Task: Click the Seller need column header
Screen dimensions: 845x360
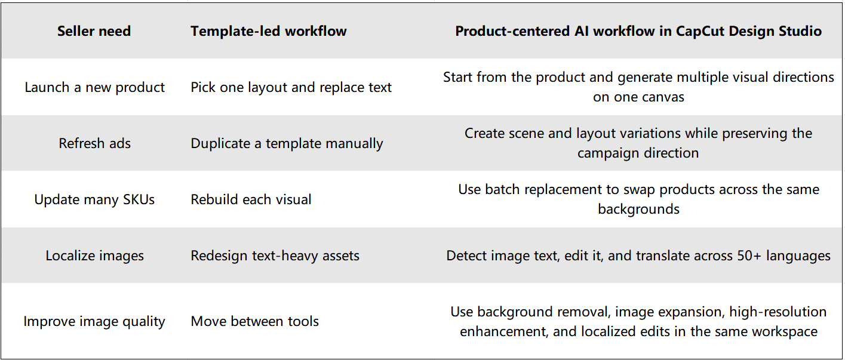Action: point(94,31)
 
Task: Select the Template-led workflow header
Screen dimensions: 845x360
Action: point(268,31)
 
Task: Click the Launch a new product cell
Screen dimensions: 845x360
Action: point(95,87)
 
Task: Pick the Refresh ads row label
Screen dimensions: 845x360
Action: point(95,143)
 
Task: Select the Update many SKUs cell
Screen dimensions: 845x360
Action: point(95,199)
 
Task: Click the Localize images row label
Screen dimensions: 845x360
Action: point(95,256)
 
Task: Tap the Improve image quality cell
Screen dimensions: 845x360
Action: point(94,322)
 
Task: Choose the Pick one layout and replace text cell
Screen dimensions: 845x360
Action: point(291,87)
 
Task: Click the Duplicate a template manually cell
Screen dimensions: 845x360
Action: point(287,144)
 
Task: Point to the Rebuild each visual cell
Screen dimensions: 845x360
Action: point(251,199)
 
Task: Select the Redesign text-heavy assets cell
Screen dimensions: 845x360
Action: point(275,256)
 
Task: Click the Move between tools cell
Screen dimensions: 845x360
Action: point(254,321)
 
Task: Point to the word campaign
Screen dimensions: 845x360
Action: point(607,153)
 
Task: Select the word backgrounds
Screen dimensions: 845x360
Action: point(638,209)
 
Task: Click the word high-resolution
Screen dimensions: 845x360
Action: point(778,312)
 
